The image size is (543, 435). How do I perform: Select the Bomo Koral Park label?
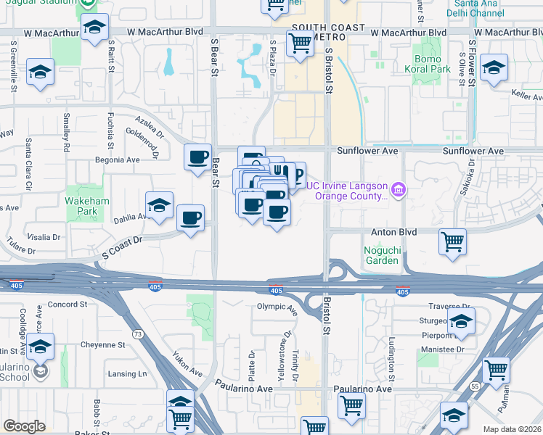pyautogui.click(x=431, y=65)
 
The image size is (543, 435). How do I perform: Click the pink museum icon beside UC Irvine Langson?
pyautogui.click(x=398, y=191)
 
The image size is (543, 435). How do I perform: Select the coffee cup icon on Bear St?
pyautogui.click(x=197, y=158)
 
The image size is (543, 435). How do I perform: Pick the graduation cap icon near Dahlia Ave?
pyautogui.click(x=159, y=205)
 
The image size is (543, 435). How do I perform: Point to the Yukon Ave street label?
pyautogui.click(x=187, y=364)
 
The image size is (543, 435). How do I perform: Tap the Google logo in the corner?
pyautogui.click(x=24, y=426)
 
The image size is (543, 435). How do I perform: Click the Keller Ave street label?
pyautogui.click(x=527, y=96)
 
